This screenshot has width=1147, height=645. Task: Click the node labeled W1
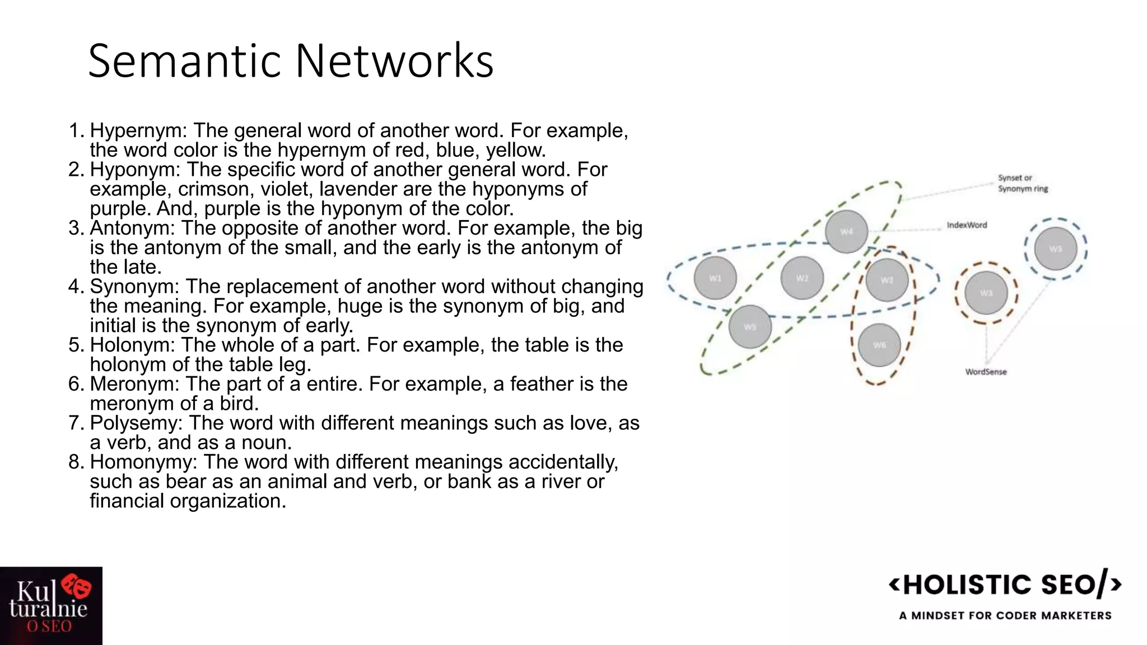[x=715, y=278]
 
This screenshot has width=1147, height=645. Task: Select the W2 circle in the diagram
[x=802, y=278]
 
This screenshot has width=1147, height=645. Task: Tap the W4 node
[x=846, y=231]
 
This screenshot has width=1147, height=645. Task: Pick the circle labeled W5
[x=750, y=327]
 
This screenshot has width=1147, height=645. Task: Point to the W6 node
[x=879, y=345]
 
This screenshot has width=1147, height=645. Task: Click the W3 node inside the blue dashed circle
[x=1056, y=249]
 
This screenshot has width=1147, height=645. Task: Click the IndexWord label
[x=967, y=225]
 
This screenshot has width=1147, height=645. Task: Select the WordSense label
[x=986, y=372]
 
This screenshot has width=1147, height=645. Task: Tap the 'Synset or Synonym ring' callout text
[x=1023, y=183]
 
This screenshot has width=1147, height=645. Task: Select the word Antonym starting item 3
[x=132, y=228]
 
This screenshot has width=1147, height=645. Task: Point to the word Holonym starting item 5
[x=132, y=345]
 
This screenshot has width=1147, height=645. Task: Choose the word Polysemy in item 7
[x=136, y=423]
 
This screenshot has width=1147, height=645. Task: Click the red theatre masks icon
[x=77, y=586]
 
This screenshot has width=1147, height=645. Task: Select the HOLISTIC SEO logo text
[x=1005, y=585]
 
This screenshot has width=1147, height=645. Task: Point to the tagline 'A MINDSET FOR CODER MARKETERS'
[x=1005, y=616]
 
